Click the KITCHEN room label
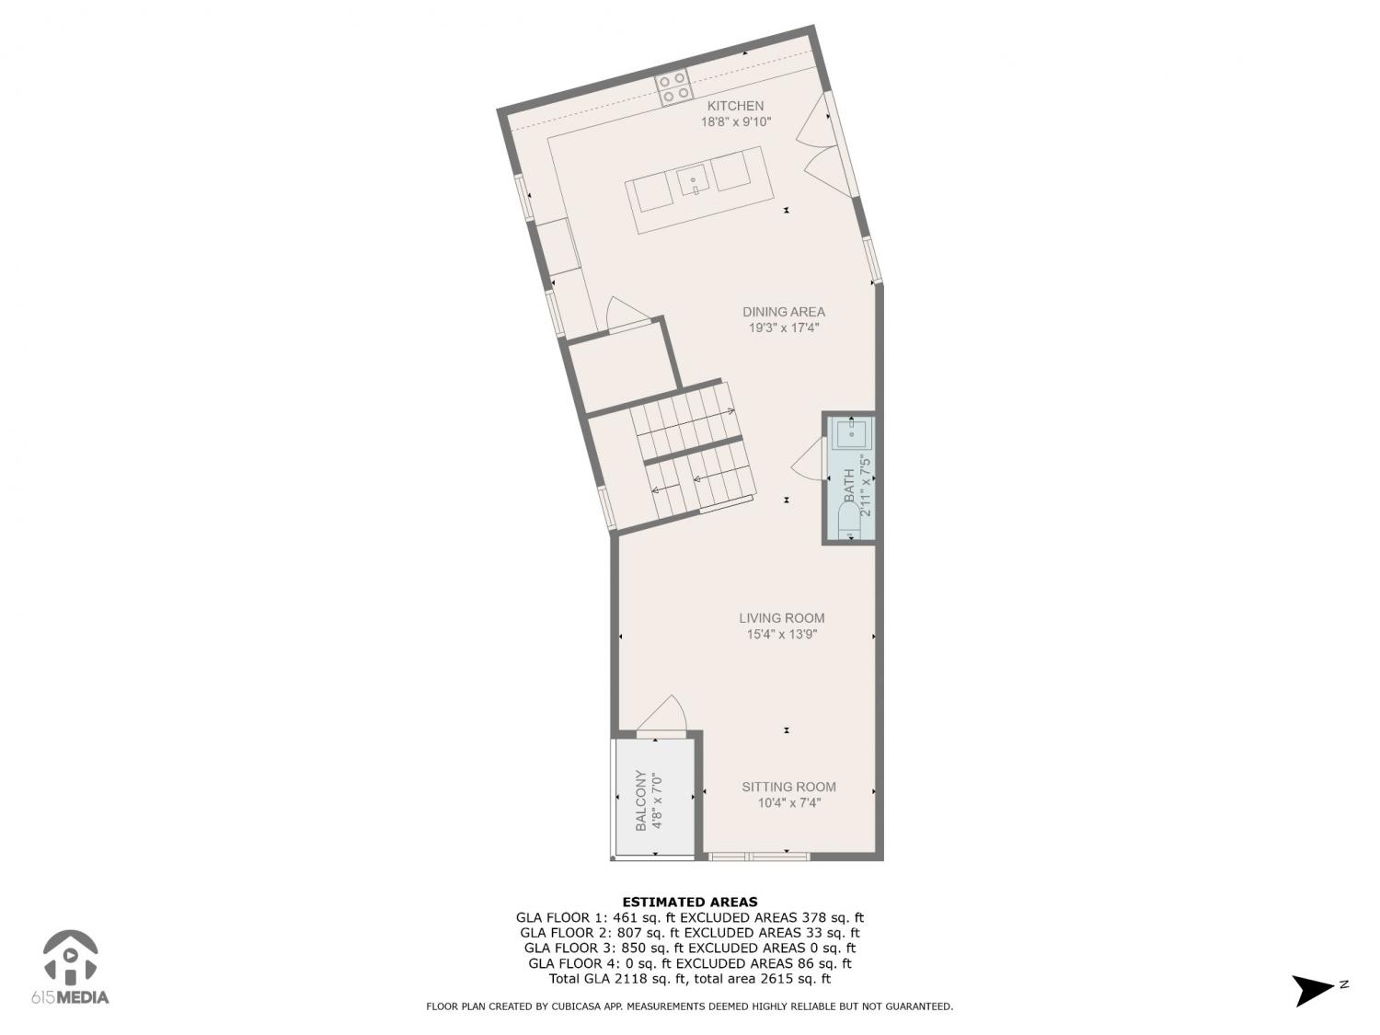point(736,106)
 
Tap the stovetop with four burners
point(673,87)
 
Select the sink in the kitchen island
point(694,179)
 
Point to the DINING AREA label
point(784,312)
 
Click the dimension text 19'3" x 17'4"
point(784,328)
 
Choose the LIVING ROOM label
point(782,618)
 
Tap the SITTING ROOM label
point(789,787)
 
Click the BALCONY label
point(640,800)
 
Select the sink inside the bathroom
point(851,433)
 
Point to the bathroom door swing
point(809,460)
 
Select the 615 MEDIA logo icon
point(71,958)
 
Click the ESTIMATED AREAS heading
point(690,902)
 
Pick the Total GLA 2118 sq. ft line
point(690,979)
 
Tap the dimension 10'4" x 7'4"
point(789,802)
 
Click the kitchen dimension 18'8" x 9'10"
point(736,122)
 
